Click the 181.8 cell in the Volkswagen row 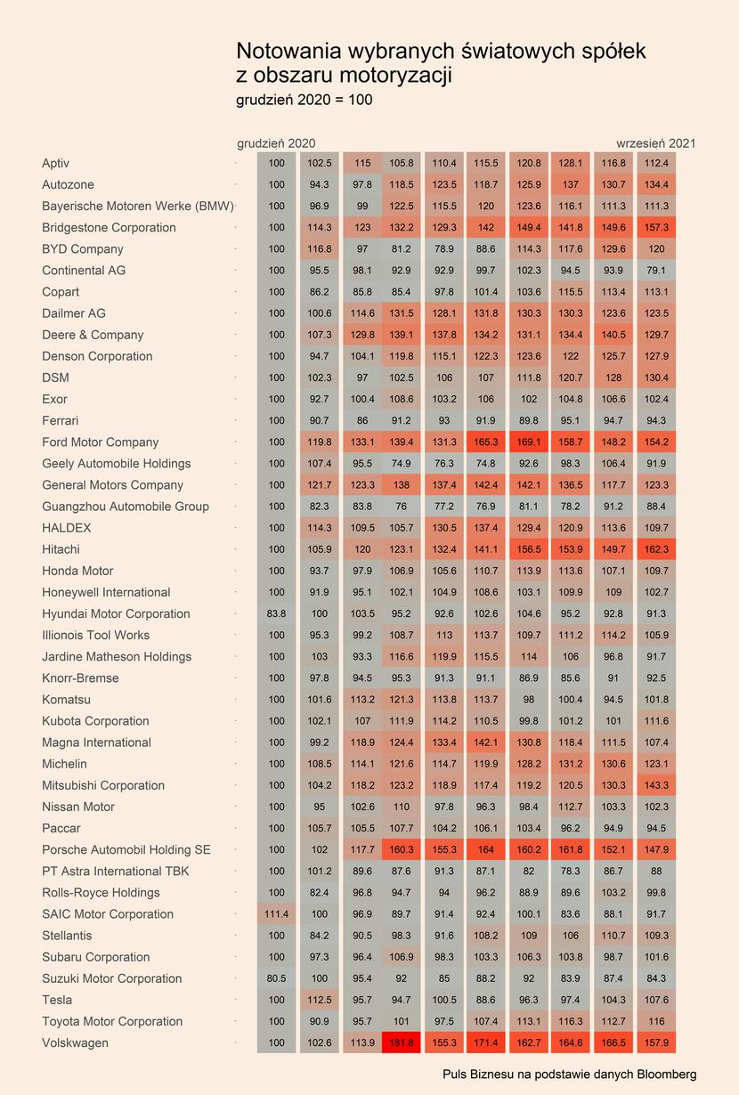coord(402,1042)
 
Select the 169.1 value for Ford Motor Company coord(529,442)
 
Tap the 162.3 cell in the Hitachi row coord(656,549)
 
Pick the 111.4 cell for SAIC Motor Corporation coord(277,913)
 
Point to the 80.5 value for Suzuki coord(277,978)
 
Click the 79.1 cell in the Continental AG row coord(656,271)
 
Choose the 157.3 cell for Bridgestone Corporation coord(656,227)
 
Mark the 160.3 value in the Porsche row coord(402,849)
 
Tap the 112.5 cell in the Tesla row coord(320,1000)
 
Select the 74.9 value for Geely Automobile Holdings coord(402,464)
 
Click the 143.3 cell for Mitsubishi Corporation coord(656,785)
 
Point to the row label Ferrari coord(61,420)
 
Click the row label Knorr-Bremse coord(80,678)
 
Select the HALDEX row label coord(67,528)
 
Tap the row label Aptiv coord(55,163)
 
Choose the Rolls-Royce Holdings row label coord(101,893)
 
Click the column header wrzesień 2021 coord(656,143)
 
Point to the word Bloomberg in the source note coord(667,1074)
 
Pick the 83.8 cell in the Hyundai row coord(277,613)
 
